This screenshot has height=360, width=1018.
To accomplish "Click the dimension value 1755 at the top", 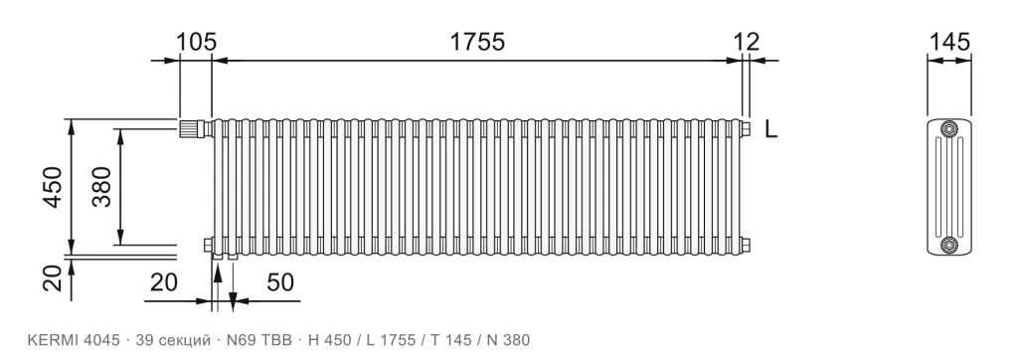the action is point(477,42).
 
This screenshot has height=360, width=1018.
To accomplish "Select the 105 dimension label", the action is point(197,42).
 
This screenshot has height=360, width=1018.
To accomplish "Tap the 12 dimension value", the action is point(747,42).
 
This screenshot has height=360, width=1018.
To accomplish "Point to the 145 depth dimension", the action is point(949,42).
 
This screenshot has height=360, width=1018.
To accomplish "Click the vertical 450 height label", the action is point(53,188).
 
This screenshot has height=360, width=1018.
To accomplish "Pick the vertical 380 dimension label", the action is point(102,187).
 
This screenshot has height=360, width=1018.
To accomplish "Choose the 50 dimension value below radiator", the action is point(280,282).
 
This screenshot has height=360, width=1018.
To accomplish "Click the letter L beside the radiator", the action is point(770,129).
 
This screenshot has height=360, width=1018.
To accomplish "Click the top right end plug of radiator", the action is point(747,128).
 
